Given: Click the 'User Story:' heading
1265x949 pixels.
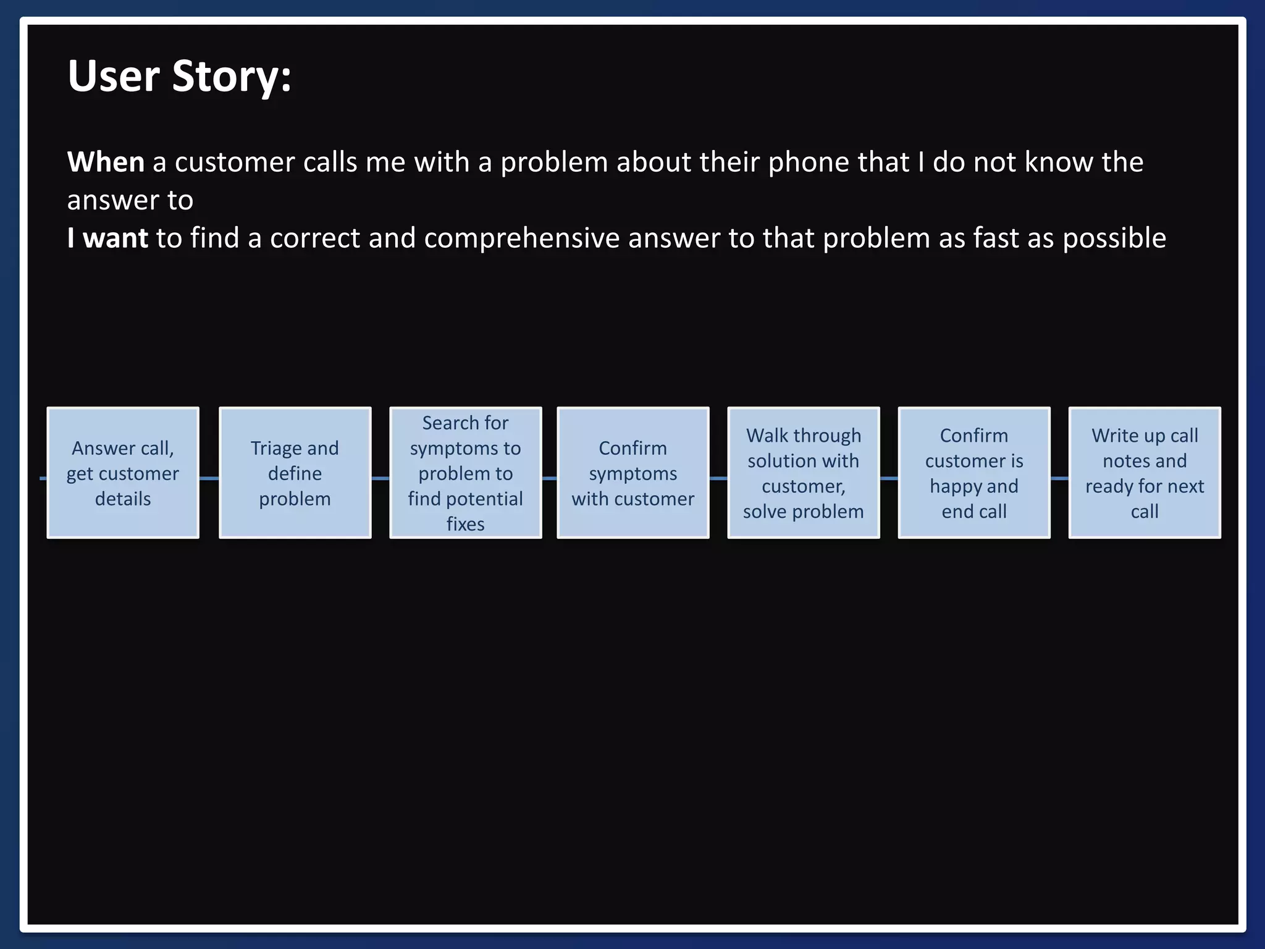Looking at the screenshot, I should pos(179,77).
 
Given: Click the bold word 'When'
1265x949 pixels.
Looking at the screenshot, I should pos(106,162).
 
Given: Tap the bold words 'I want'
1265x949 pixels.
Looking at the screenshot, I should pos(107,238).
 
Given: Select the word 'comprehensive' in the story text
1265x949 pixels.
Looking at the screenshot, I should pos(521,238).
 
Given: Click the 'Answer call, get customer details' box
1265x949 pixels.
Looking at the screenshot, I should pos(123,473).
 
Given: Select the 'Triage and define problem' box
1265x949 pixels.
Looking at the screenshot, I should pos(295,473).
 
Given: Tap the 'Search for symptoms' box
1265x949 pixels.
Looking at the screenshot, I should pos(465,473).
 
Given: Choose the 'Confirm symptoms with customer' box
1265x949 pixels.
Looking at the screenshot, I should pos(632,473).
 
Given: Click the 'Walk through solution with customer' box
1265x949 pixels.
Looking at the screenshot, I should pos(803,473).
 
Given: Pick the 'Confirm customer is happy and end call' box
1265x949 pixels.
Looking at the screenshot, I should pos(973,473).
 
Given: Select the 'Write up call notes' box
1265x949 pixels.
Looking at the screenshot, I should pos(1144,473).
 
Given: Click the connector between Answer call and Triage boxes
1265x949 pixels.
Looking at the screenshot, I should pos(209,478).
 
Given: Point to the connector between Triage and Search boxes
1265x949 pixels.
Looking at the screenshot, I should pos(380,478).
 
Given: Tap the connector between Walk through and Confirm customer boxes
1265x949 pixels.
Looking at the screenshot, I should pos(888,478).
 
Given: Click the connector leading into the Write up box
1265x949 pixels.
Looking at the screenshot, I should pos(1059,478).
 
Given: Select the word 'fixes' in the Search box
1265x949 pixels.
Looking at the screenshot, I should pos(465,524).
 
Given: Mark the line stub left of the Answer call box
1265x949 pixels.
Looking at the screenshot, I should pos(43,478).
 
